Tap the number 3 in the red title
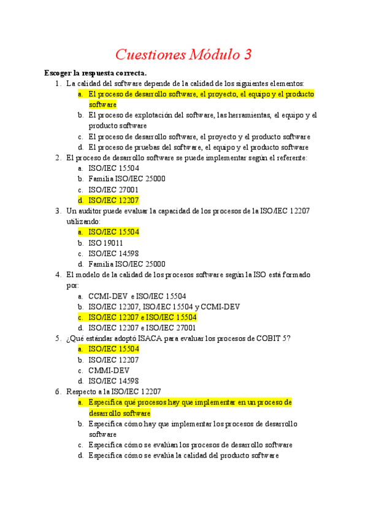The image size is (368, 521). [x=248, y=55]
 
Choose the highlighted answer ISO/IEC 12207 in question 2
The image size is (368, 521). [x=113, y=200]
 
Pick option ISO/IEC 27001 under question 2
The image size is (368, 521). [x=113, y=190]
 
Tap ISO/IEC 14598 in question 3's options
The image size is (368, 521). [x=113, y=253]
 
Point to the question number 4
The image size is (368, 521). [x=57, y=275]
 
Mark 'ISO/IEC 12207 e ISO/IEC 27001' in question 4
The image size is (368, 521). [x=142, y=328]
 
